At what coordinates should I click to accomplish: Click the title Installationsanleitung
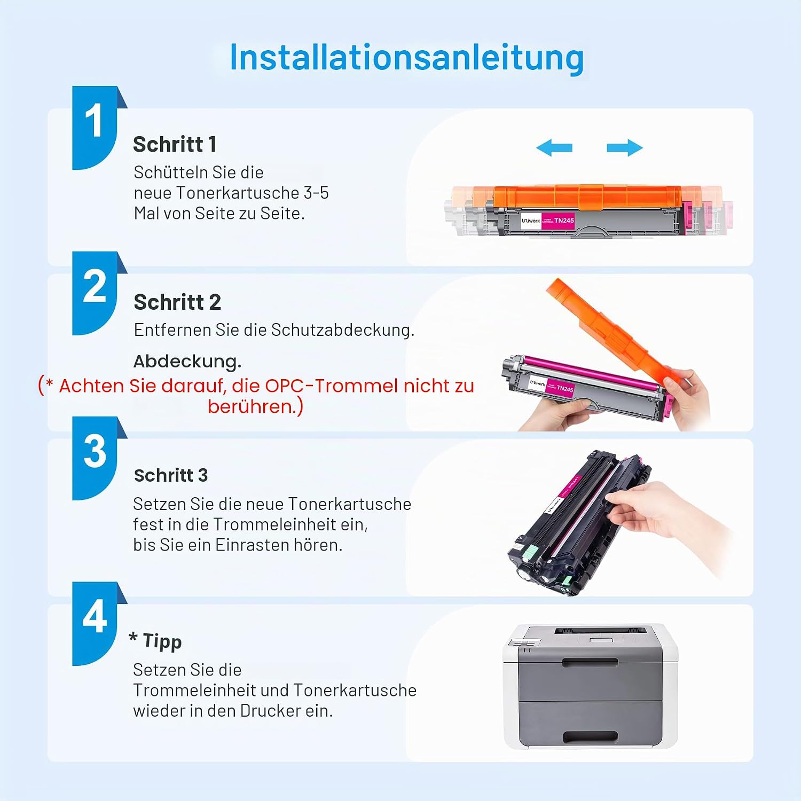tap(406, 58)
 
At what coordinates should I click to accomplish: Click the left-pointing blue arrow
tap(554, 148)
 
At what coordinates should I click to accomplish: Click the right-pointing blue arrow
tap(625, 148)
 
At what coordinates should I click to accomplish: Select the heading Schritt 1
tap(175, 144)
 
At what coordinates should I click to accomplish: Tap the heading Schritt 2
tap(177, 302)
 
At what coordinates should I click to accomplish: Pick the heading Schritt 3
tap(171, 475)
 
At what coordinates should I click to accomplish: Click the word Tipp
tap(162, 641)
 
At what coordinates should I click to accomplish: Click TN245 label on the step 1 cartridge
tap(564, 221)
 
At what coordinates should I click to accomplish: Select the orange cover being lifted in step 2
tap(614, 331)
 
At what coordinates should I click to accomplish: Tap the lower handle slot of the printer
tap(590, 737)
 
